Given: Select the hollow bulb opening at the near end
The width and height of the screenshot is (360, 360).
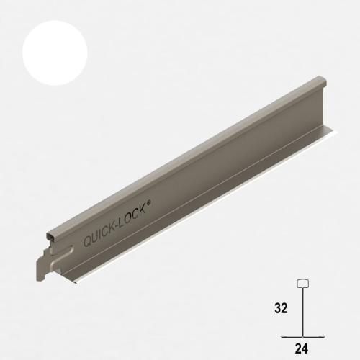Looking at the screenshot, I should point(51,237).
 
